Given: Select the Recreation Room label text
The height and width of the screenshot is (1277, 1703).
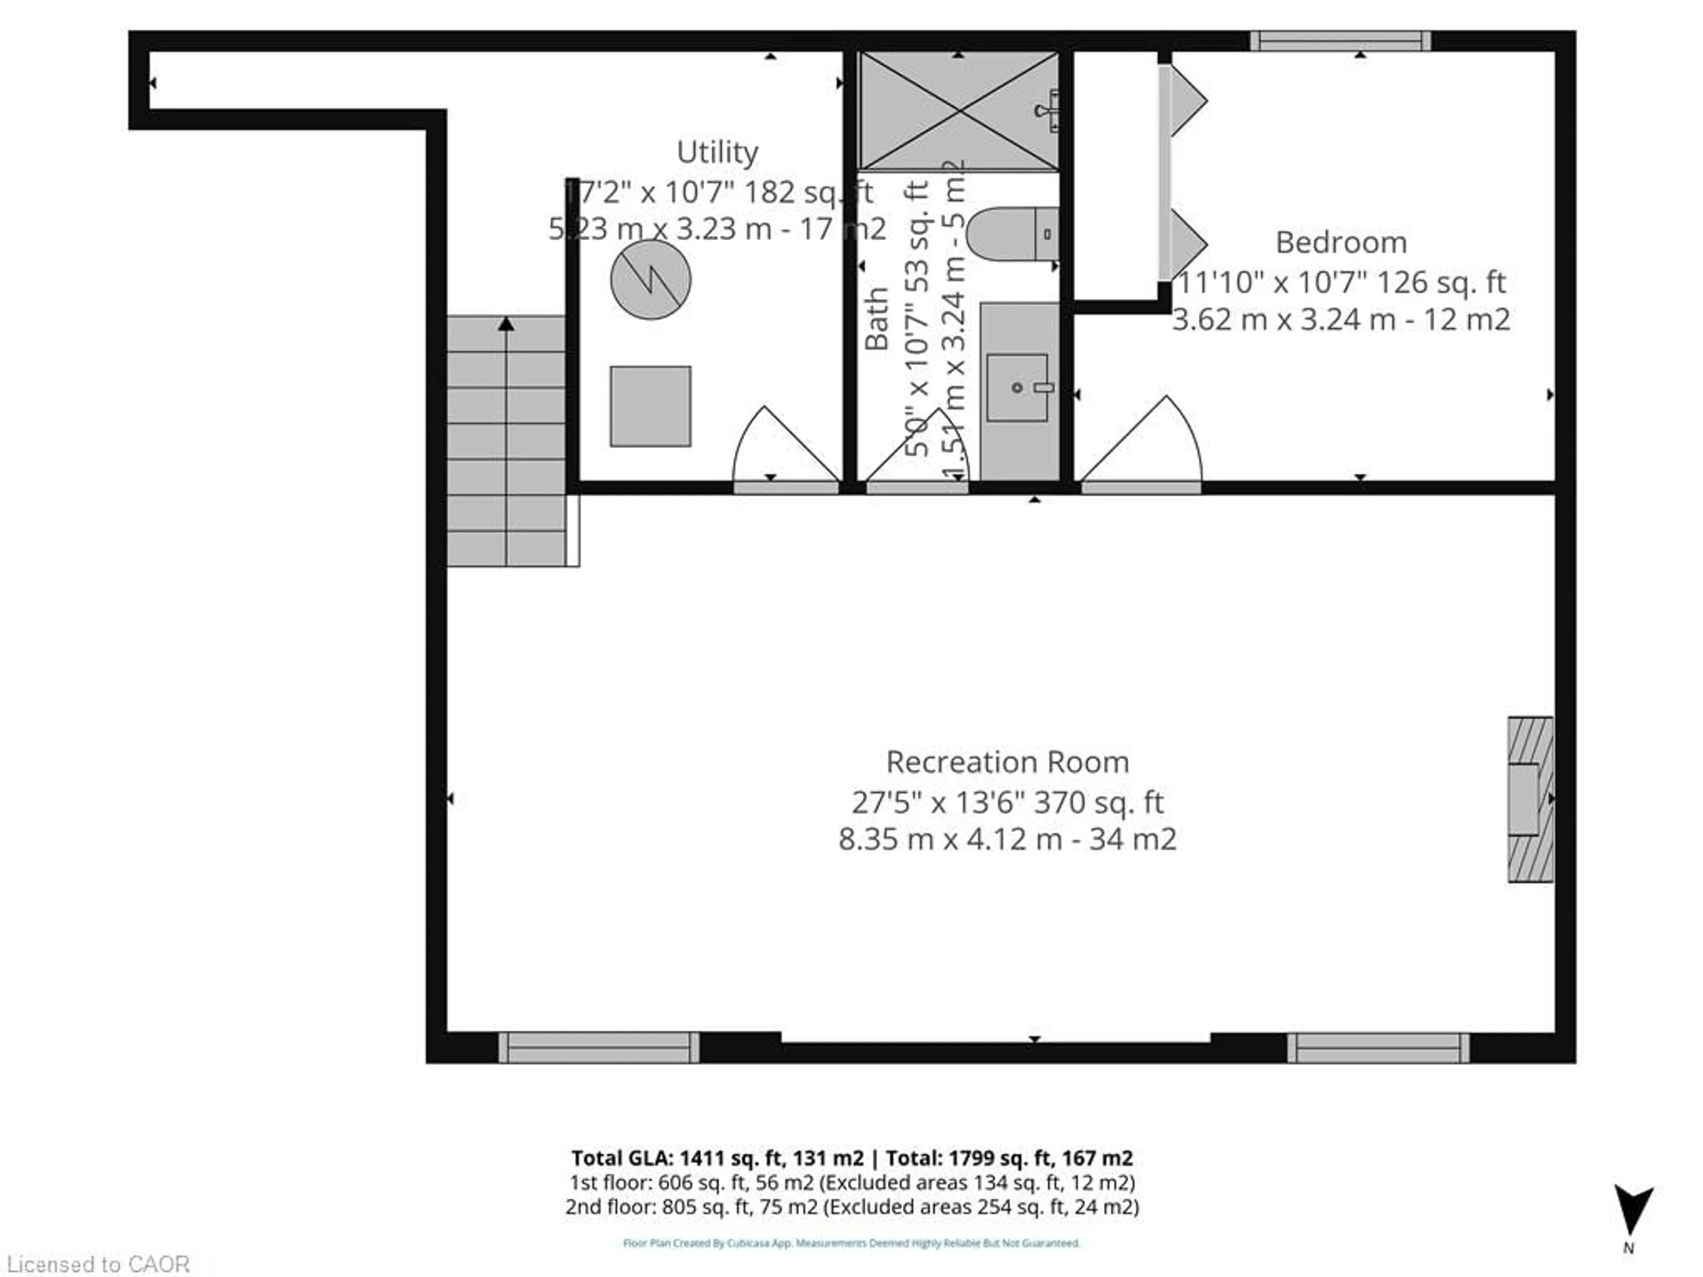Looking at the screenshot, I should tap(1007, 762).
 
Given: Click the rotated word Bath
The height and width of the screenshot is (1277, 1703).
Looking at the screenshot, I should tap(877, 319).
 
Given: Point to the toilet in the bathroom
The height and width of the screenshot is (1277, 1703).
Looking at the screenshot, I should tap(1011, 234).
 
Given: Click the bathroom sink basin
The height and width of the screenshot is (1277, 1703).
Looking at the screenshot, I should tap(1017, 387).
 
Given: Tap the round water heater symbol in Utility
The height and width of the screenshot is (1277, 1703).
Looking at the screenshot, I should tap(651, 279).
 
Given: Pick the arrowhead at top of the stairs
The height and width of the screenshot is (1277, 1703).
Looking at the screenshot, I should tap(506, 324).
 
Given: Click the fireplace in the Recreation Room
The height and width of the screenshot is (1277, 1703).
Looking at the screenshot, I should tap(1529, 799).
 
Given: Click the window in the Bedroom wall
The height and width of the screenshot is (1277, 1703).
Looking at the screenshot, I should tap(1340, 41).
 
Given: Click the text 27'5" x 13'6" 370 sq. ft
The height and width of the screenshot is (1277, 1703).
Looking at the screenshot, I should tap(1007, 802).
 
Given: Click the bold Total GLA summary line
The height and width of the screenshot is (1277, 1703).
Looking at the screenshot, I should tap(851, 1158).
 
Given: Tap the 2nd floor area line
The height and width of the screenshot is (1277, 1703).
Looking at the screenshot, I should tap(851, 1206).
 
